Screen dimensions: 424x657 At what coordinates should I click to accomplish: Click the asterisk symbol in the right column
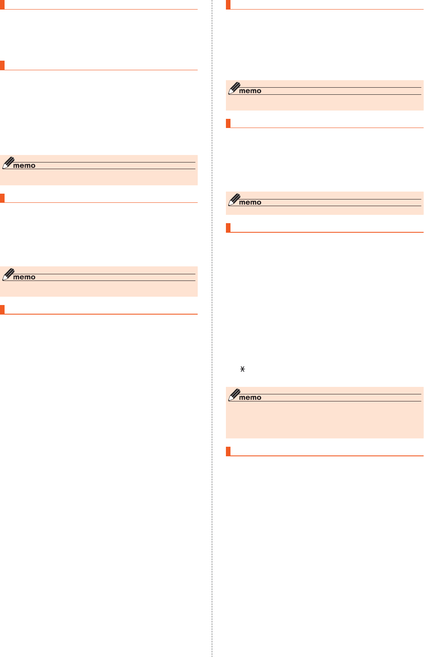pos(243,369)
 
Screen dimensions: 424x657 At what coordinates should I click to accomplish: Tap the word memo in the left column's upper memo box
pos(24,165)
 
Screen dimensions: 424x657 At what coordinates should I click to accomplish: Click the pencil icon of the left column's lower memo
pos(8,274)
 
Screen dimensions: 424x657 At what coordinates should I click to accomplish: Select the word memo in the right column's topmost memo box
pos(250,91)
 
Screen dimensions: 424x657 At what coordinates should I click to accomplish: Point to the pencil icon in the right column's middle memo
pos(234,199)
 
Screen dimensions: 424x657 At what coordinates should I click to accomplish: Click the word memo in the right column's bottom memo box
pos(250,397)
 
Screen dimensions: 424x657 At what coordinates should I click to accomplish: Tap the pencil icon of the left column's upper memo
pos(8,162)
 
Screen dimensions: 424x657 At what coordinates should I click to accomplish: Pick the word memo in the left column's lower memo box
pos(24,277)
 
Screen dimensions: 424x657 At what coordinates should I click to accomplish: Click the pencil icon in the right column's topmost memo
pos(234,88)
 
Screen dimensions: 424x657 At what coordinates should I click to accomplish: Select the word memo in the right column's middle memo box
pos(250,202)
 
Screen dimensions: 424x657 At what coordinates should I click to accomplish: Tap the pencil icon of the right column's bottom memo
pos(234,394)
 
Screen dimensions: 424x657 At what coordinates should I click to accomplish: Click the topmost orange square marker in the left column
pos(2,5)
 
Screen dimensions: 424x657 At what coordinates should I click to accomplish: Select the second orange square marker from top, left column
pos(2,65)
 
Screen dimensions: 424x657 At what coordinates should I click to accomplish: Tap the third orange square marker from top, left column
pos(2,198)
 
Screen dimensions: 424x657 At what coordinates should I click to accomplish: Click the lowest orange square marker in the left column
pos(2,310)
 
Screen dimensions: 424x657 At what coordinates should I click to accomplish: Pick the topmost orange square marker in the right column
pos(228,5)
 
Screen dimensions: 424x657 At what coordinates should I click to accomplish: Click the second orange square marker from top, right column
pos(228,123)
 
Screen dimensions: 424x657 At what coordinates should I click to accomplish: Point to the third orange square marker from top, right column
pos(228,228)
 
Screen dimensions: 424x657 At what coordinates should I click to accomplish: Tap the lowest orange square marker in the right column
pos(228,451)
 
